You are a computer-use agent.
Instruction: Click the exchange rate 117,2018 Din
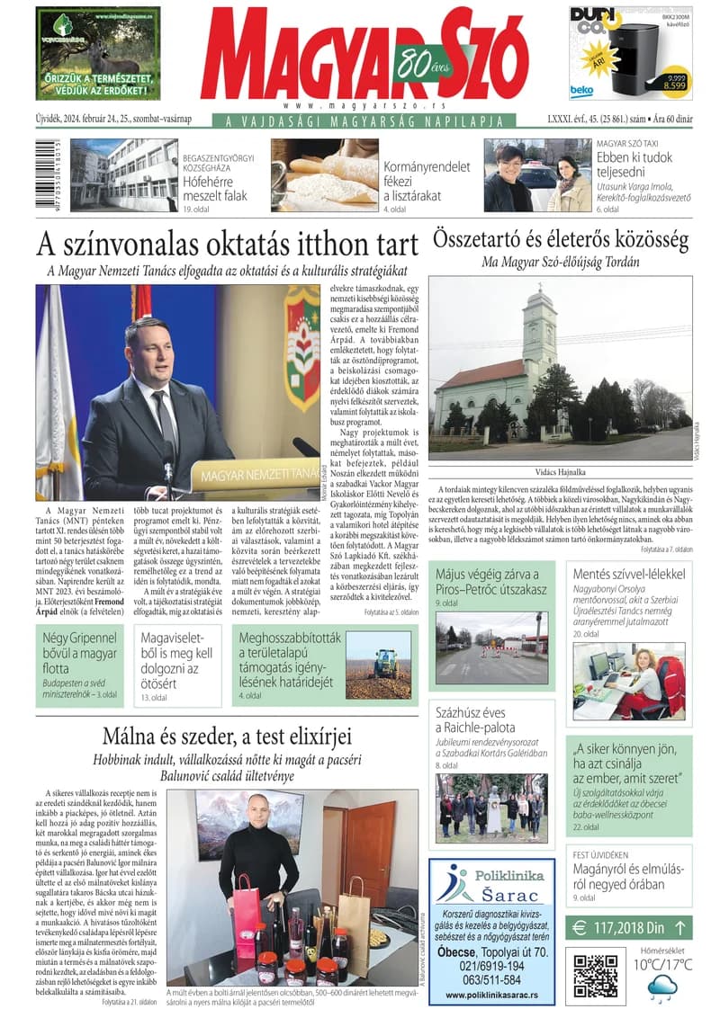(x=630, y=926)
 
